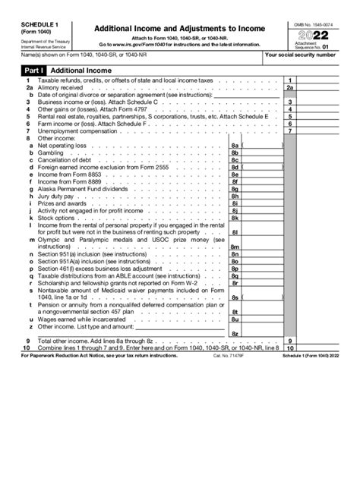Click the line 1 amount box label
coord(290,81)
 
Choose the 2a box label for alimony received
coord(290,88)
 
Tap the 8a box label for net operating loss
coord(235,145)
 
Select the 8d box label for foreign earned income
coord(235,167)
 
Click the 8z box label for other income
coord(235,334)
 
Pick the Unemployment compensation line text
coord(73,131)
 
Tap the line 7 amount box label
coord(290,131)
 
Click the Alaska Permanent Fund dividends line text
coord(74,188)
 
